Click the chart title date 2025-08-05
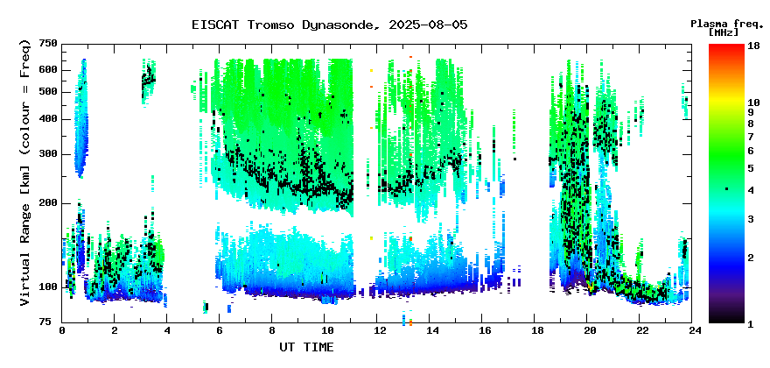[x=428, y=25]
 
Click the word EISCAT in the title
[x=217, y=25]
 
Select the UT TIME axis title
[x=307, y=347]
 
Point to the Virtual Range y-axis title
[x=25, y=173]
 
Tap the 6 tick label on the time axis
[x=220, y=330]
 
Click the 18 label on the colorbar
[x=753, y=45]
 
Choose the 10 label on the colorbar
[x=753, y=103]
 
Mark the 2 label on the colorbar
[x=751, y=258]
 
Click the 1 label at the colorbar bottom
[x=751, y=324]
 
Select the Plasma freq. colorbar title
[x=727, y=25]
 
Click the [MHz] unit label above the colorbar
[x=724, y=32]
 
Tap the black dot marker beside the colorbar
[x=727, y=189]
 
